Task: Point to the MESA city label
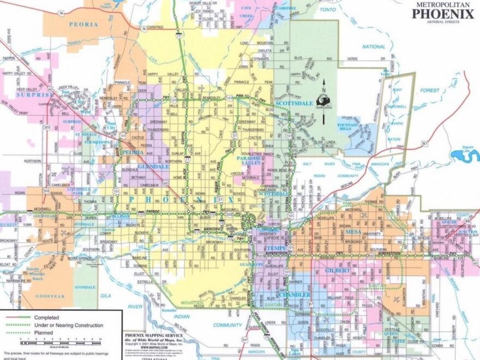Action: coord(351,232)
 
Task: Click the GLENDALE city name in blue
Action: coord(153,166)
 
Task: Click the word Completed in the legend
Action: coord(46,317)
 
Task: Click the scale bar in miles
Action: coord(60,343)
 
